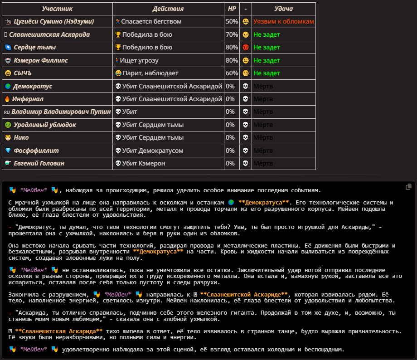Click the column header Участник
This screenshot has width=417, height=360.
coord(57,9)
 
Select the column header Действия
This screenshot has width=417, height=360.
coord(168,9)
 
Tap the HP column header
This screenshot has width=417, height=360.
coord(232,9)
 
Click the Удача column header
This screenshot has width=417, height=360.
coord(283,9)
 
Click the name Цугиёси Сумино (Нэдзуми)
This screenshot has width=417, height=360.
coord(54,21)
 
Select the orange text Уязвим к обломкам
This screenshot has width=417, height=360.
coord(283,21)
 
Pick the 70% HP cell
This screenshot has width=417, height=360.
coord(232,34)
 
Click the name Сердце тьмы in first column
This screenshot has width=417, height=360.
coord(34,47)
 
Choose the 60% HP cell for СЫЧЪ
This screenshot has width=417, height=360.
coord(232,73)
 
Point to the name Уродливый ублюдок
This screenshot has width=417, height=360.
coord(44,125)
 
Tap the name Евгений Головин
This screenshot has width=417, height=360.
coord(39,163)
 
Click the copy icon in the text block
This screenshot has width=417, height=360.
coord(409,187)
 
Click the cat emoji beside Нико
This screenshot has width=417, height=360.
coord(7,137)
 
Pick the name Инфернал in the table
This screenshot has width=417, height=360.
coord(28,99)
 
